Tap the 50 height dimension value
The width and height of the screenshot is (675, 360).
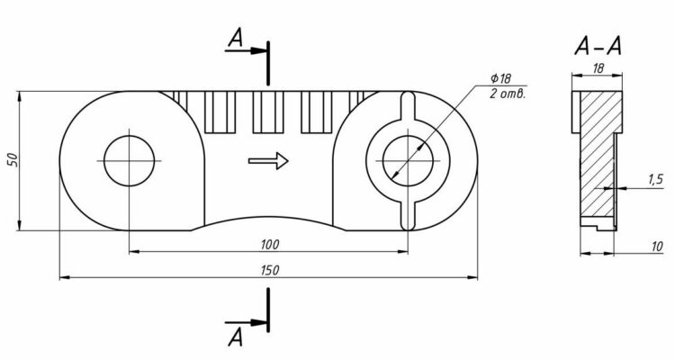[12, 159]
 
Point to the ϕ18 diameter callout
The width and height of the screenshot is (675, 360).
[499, 80]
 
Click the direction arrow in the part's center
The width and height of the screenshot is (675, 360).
[269, 161]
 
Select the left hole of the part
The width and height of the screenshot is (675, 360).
[130, 161]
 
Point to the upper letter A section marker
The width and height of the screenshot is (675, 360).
[236, 37]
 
